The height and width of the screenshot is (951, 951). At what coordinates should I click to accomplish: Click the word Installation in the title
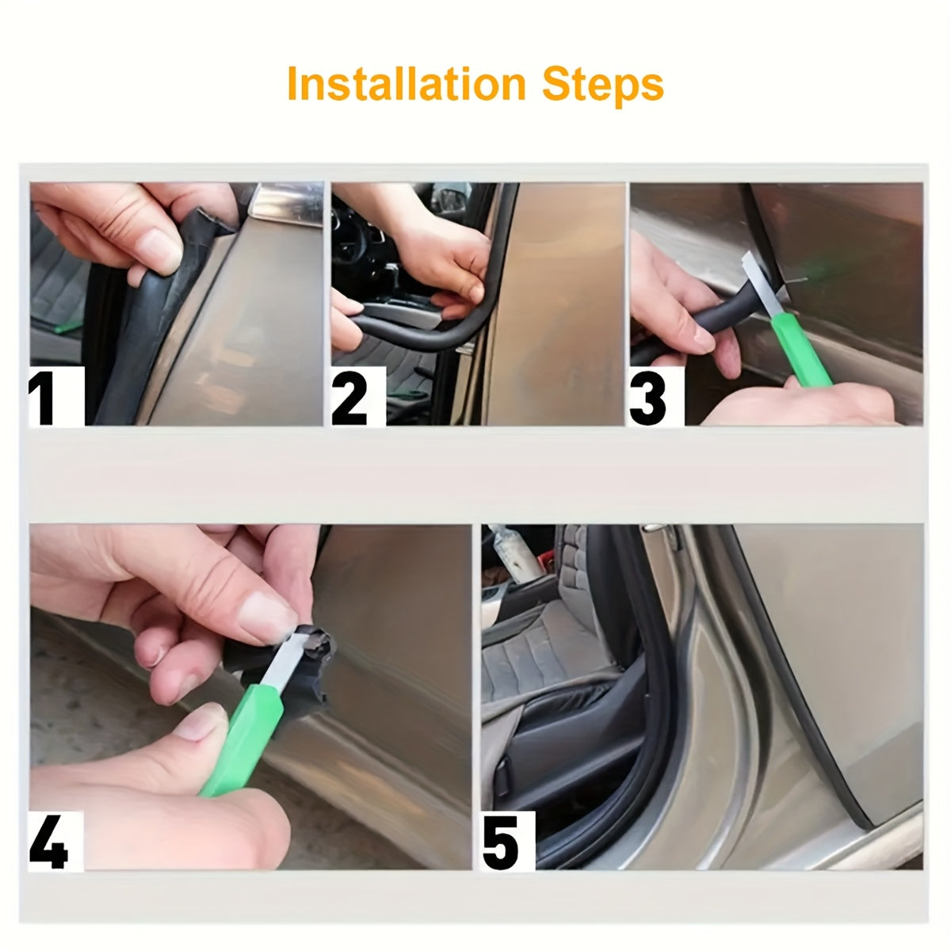click(x=406, y=84)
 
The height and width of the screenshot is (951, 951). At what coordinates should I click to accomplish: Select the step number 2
click(x=351, y=399)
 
